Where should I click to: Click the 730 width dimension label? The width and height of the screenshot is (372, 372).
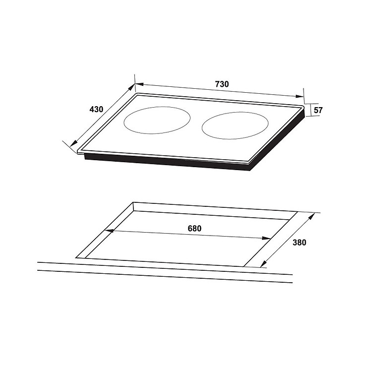point(222,84)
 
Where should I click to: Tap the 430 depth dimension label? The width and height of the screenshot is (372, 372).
point(96,109)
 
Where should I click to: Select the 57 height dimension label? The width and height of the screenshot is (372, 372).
point(318,110)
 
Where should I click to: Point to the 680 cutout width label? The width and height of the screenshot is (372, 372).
point(194,229)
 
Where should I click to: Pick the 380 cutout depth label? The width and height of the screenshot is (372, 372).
point(300,243)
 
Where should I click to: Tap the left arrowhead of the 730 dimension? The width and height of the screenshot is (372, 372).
point(139,84)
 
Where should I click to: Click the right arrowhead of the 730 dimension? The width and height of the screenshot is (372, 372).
point(300,96)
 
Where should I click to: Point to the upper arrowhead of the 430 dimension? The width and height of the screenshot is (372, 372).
point(131,87)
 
